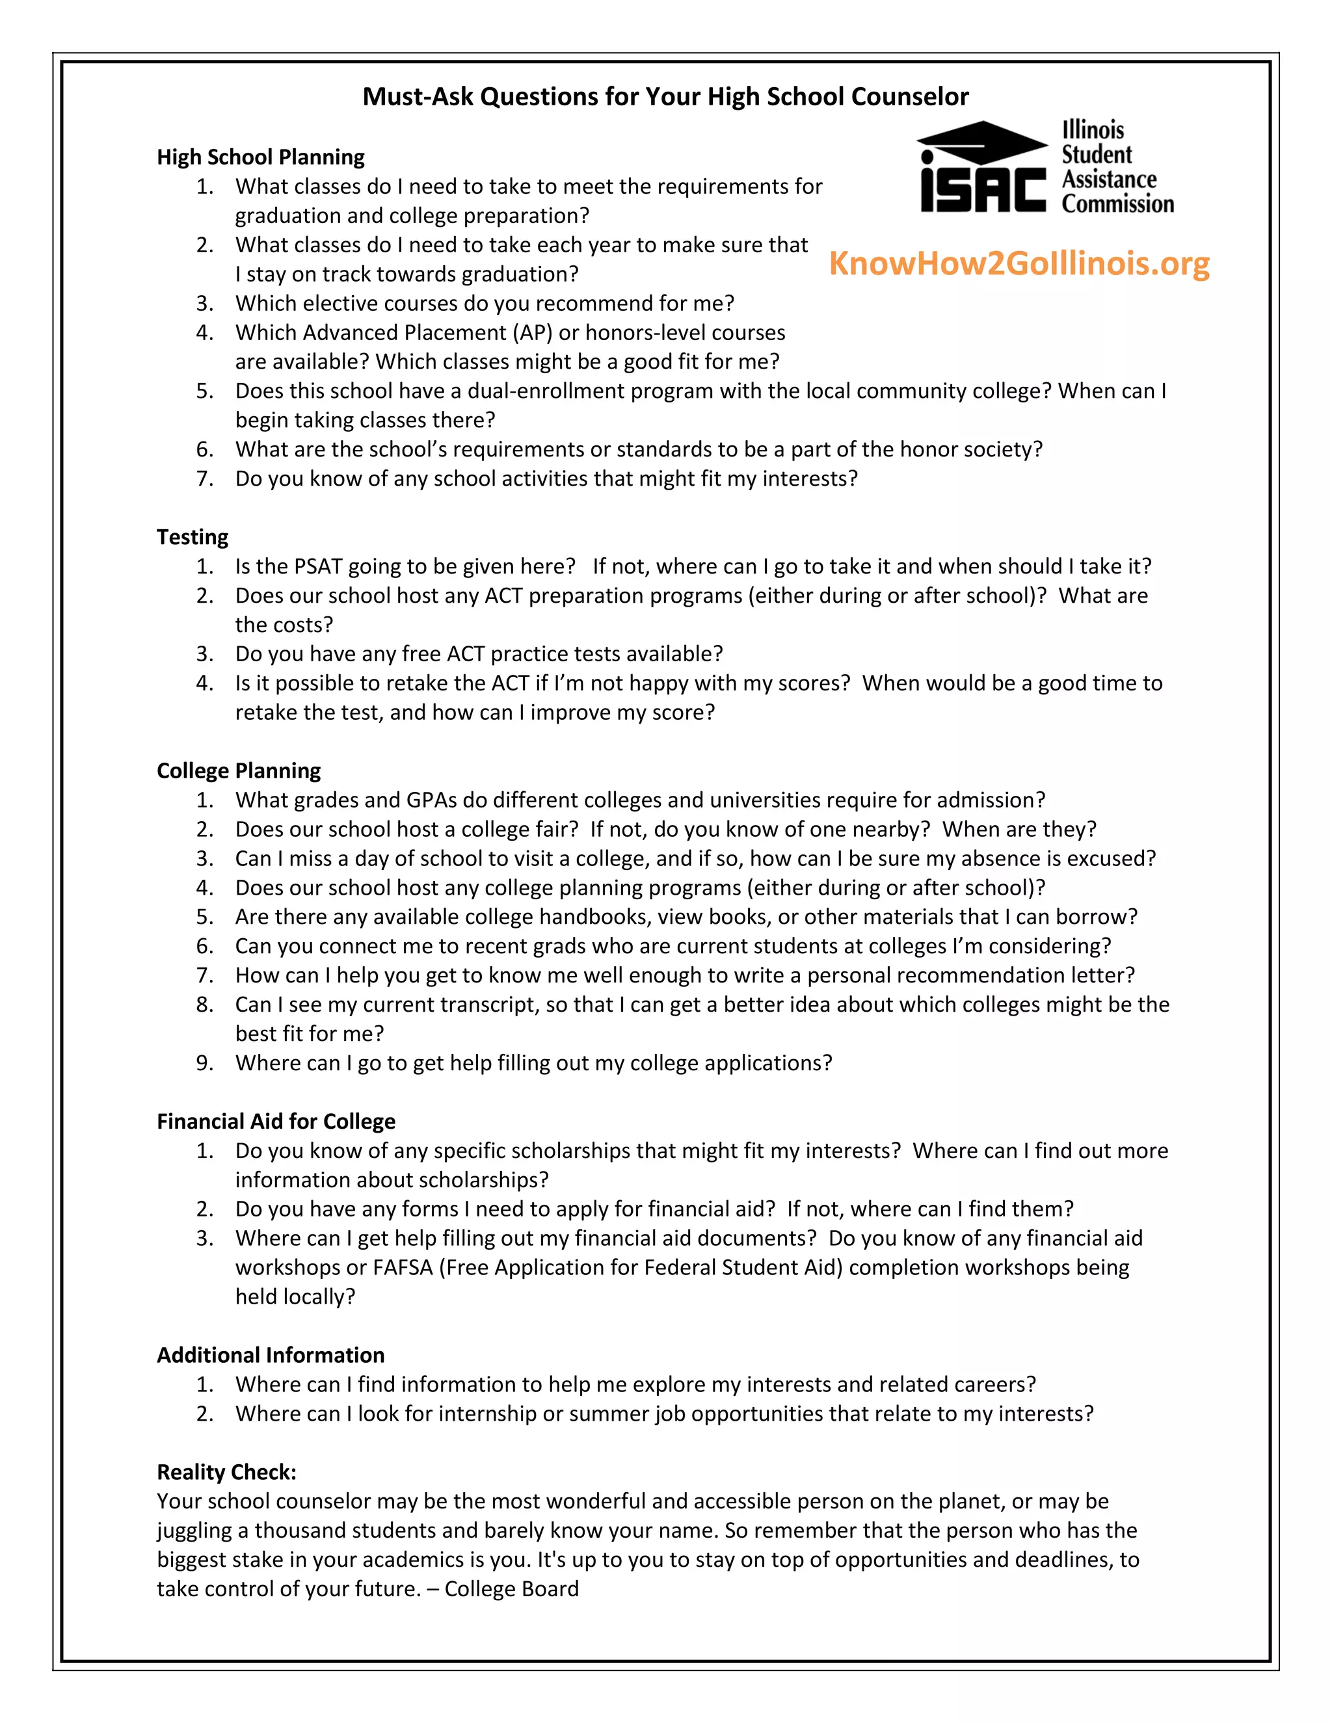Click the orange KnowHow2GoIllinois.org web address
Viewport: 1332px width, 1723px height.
(x=1019, y=263)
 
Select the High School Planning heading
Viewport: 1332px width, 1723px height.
(x=260, y=157)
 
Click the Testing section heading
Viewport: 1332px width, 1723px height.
(x=193, y=537)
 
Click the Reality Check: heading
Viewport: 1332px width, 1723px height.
(x=226, y=1472)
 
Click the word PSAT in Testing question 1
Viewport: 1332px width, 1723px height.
(x=318, y=566)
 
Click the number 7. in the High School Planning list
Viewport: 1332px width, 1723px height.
(x=205, y=479)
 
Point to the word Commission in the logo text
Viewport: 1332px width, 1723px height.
(x=1117, y=204)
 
